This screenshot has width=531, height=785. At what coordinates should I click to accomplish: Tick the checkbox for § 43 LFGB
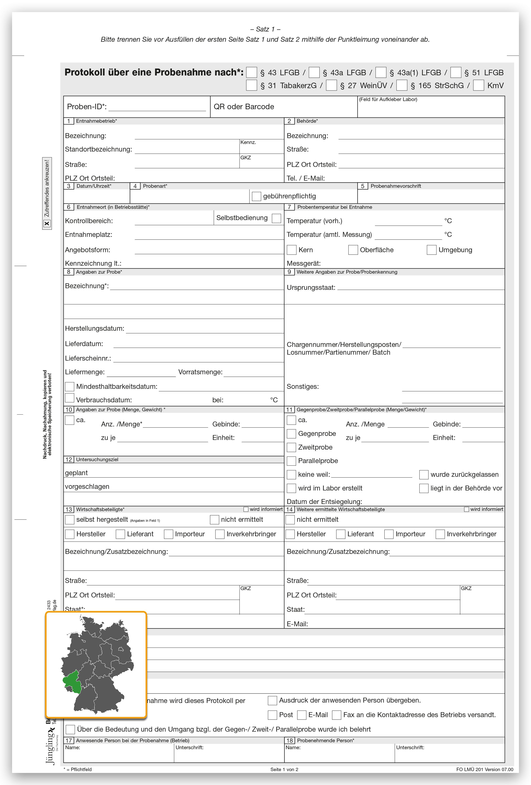tap(251, 73)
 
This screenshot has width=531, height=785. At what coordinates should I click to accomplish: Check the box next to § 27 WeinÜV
tap(332, 85)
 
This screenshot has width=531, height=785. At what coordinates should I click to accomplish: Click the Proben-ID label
tap(87, 107)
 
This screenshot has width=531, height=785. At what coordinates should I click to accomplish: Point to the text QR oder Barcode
tap(244, 107)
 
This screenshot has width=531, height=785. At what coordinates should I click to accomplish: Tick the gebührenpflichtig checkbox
tap(257, 196)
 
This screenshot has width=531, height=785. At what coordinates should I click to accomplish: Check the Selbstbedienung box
tap(277, 218)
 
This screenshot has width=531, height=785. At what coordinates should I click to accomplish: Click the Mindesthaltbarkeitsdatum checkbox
tap(69, 386)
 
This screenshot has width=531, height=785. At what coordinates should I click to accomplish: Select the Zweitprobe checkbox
tap(291, 447)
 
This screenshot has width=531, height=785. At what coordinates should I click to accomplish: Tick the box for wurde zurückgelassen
tap(424, 475)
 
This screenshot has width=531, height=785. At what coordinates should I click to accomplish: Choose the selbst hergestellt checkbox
tap(69, 520)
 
